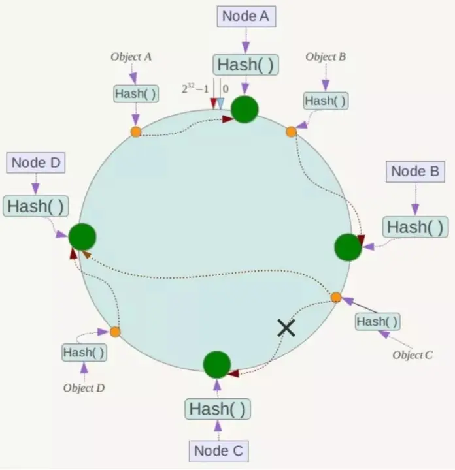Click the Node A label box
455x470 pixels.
point(246,16)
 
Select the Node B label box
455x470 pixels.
point(414,172)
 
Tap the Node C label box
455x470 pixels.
point(218,450)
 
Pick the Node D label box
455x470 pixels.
point(37,163)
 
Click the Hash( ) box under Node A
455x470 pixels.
point(245,65)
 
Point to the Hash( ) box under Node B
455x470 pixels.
point(415,227)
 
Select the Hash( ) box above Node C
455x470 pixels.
point(218,409)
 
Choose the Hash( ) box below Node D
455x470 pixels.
point(37,206)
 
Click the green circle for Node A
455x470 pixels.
point(245,109)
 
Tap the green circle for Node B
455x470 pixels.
point(348,247)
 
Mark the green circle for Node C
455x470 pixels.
point(217,364)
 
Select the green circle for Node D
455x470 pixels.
point(82,236)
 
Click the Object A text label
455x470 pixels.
point(131,57)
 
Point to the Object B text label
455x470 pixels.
point(326,57)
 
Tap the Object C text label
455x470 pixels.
point(413,355)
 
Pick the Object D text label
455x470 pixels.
point(84,388)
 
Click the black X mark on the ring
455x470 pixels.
point(286,327)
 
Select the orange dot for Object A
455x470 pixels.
point(135,132)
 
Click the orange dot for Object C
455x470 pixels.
point(336,298)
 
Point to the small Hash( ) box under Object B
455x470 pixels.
point(326,101)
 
